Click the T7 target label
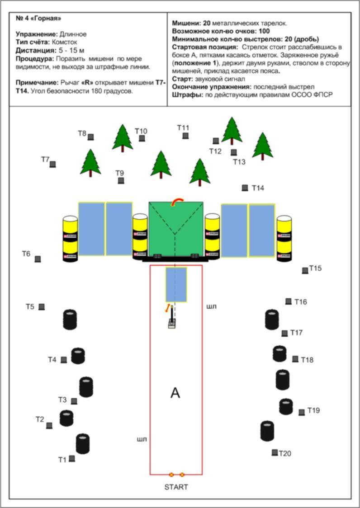45,160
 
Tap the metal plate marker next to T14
245,188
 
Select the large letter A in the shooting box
175,393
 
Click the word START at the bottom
176,487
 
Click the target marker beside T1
72,458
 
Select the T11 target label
183,128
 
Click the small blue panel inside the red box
176,284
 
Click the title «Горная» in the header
45,19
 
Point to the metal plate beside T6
38,259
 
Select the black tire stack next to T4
78,356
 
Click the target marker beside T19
302,412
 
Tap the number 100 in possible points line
265,31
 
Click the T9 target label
119,173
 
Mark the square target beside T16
288,301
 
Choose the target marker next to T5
42,307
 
